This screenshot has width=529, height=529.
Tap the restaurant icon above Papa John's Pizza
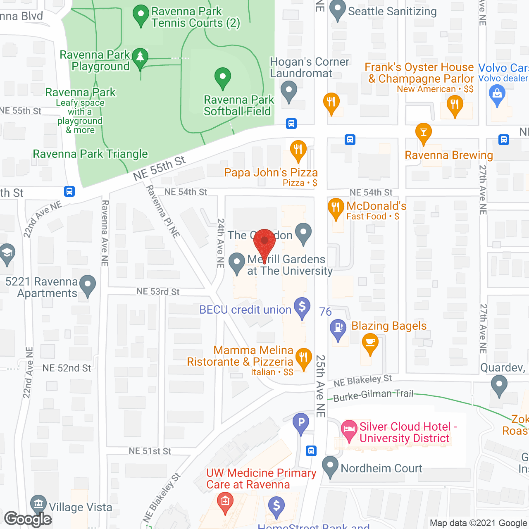pos(298,150)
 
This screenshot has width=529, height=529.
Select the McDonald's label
pos(376,206)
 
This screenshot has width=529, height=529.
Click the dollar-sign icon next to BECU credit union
pos(302,307)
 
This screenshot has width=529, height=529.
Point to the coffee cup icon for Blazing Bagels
pos(370,343)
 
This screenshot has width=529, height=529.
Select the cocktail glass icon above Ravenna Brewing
pos(423,133)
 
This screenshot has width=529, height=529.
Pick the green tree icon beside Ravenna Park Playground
pos(140,57)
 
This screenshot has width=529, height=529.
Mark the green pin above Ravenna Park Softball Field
pos(223,77)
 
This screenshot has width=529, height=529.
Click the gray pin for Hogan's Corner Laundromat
pos(288,91)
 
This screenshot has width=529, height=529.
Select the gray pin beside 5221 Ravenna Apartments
pos(88,285)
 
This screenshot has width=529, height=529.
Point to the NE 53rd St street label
pos(158,292)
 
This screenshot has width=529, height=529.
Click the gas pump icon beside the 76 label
pos(338,329)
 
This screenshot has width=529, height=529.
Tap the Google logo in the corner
pos(28,519)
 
